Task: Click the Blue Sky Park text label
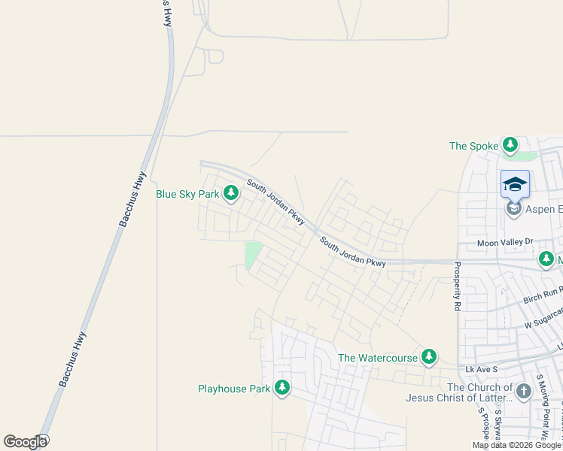pyautogui.click(x=187, y=194)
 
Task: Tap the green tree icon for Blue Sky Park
pyautogui.click(x=231, y=195)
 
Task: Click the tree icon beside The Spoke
pyautogui.click(x=511, y=144)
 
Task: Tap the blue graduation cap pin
pyautogui.click(x=516, y=183)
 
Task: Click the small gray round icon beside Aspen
pyautogui.click(x=514, y=208)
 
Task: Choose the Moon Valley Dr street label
pyautogui.click(x=504, y=243)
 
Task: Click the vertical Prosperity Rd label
pyautogui.click(x=457, y=286)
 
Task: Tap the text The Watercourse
pyautogui.click(x=378, y=358)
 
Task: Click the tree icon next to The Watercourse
pyautogui.click(x=429, y=356)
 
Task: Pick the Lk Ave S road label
pyautogui.click(x=482, y=370)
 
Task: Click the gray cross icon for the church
pyautogui.click(x=524, y=390)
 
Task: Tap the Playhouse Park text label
pyautogui.click(x=233, y=389)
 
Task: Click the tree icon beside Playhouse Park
pyautogui.click(x=282, y=388)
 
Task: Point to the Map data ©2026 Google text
pyautogui.click(x=517, y=445)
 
